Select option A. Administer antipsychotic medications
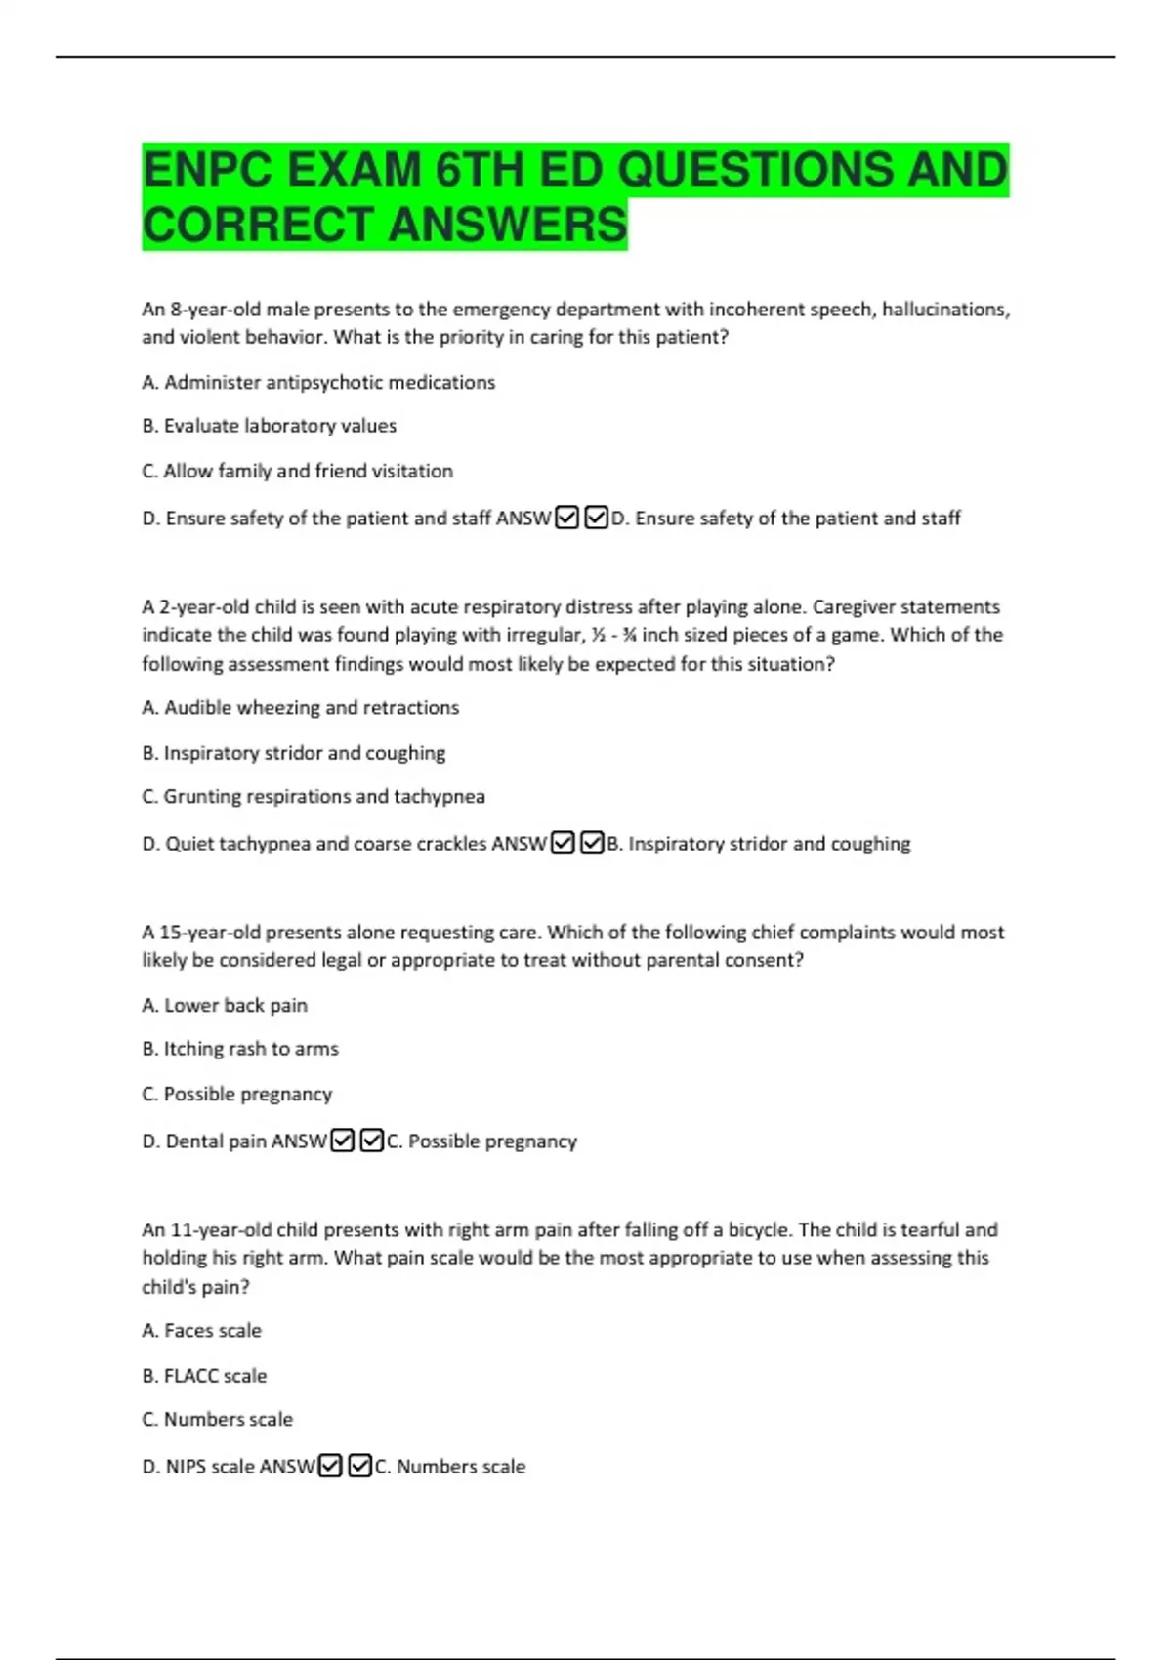pyautogui.click(x=318, y=383)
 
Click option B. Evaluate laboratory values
pyautogui.click(x=269, y=426)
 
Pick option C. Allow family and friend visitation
pyautogui.click(x=297, y=471)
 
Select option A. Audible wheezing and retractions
pyautogui.click(x=300, y=708)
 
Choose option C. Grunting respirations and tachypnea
pyautogui.click(x=314, y=797)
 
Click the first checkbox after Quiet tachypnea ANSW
pyautogui.click(x=563, y=843)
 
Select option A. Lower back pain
pyautogui.click(x=225, y=1005)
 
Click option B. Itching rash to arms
pyautogui.click(x=240, y=1049)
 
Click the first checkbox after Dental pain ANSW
pyautogui.click(x=342, y=1141)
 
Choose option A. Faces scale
pyautogui.click(x=201, y=1331)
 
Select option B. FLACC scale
pyautogui.click(x=204, y=1376)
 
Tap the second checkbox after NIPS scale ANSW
pyautogui.click(x=359, y=1466)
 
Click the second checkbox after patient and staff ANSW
pyautogui.click(x=596, y=518)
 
